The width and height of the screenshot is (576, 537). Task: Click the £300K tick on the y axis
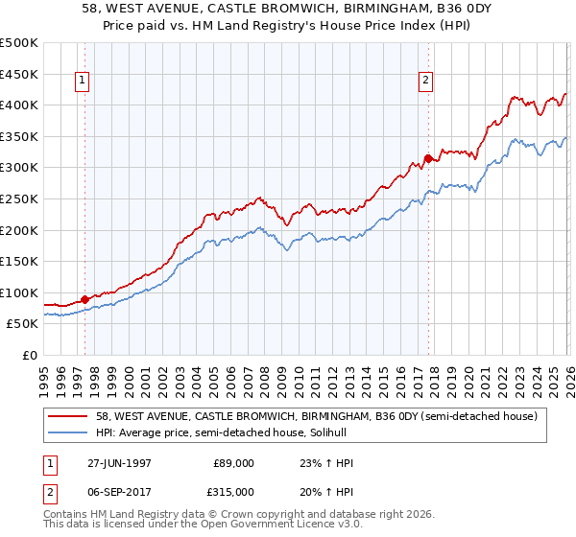coord(19,168)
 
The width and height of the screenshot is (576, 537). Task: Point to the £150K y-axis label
coord(19,261)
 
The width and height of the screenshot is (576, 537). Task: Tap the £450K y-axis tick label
coord(19,74)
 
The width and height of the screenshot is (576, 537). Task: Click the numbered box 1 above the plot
coord(84,82)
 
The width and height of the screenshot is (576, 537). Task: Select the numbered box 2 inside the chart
coord(425,82)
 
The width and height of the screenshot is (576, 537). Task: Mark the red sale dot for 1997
coord(85,299)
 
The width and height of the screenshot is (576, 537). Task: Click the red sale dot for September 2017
coord(428,158)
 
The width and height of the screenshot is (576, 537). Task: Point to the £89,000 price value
coord(233,463)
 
